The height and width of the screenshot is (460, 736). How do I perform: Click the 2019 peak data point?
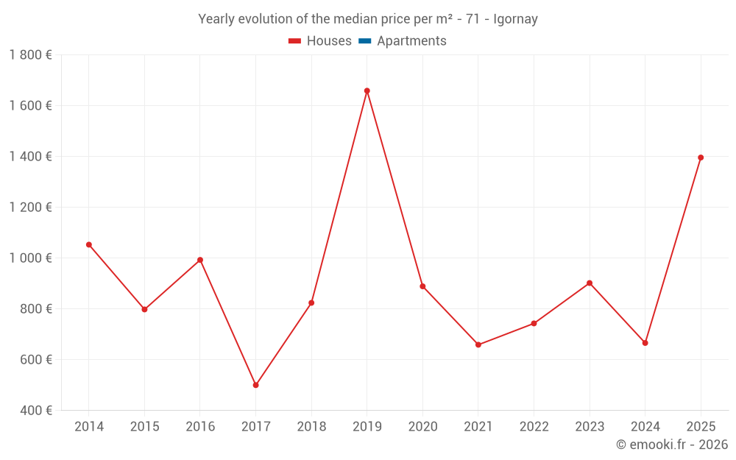point(367,91)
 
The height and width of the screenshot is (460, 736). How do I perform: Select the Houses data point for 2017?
point(255,385)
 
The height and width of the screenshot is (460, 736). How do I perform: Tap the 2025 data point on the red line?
point(701,158)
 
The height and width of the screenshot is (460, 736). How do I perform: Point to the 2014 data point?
point(88,244)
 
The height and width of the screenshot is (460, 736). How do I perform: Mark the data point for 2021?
point(478,344)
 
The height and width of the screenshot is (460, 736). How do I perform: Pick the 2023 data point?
point(590,283)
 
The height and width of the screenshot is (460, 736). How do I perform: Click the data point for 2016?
point(200,260)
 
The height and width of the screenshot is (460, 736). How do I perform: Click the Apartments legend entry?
point(411,41)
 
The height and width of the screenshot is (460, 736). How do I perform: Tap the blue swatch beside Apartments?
point(364,41)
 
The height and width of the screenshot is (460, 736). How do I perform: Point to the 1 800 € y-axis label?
point(30,54)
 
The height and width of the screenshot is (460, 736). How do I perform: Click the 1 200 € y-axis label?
point(30,207)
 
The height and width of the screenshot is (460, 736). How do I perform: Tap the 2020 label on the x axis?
point(422,427)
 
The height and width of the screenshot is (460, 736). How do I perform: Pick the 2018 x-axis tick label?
point(311,427)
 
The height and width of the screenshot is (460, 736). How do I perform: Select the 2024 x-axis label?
point(645,427)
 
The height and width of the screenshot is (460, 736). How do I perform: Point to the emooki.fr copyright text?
point(672,445)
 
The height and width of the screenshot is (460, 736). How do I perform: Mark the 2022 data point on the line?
point(534,323)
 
